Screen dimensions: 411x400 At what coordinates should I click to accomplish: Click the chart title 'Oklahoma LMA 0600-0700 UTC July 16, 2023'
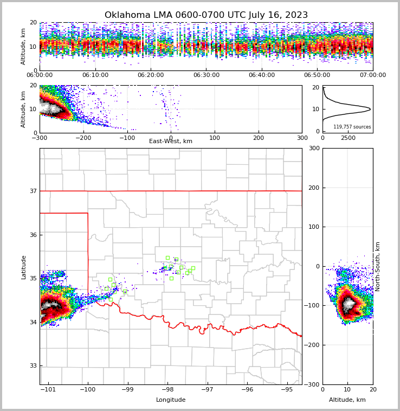(x=206, y=15)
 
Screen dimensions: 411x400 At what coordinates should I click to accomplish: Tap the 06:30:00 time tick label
(x=206, y=75)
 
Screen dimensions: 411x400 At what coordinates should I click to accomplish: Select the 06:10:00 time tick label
(x=95, y=75)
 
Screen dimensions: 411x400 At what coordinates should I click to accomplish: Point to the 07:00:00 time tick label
(x=372, y=75)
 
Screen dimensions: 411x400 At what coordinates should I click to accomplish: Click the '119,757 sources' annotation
(x=352, y=127)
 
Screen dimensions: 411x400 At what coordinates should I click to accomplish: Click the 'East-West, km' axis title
(x=171, y=142)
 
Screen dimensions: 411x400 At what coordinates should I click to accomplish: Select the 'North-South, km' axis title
(x=378, y=266)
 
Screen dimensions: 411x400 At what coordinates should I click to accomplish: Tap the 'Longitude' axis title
(x=171, y=400)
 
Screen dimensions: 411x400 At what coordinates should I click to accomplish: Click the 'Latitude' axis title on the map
(x=23, y=267)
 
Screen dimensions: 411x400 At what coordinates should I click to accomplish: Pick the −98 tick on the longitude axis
(x=167, y=389)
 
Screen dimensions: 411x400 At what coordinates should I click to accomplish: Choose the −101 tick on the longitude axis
(x=48, y=389)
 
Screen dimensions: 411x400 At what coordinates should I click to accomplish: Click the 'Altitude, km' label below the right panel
(x=347, y=400)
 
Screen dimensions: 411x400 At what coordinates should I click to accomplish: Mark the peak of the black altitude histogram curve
(x=370, y=109)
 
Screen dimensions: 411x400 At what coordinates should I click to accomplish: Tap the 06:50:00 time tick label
(x=317, y=75)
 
